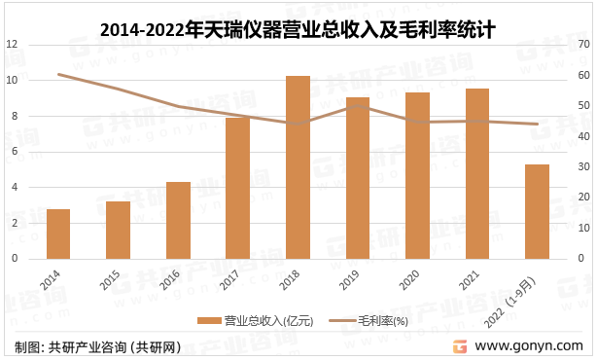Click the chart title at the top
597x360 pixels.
[x=298, y=29]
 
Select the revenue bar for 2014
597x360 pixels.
[x=57, y=234]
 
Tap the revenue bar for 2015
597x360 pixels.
[x=118, y=231]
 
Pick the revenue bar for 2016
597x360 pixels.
[x=178, y=221]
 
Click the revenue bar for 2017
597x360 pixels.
[x=237, y=189]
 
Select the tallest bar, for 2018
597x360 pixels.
[x=298, y=167]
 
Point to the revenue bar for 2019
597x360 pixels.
[x=358, y=178]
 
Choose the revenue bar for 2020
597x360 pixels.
[x=417, y=176]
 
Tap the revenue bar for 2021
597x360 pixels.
[x=477, y=174]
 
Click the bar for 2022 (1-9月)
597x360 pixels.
[x=537, y=212]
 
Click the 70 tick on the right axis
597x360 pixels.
[x=583, y=45]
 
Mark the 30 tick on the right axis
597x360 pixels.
[x=583, y=167]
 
